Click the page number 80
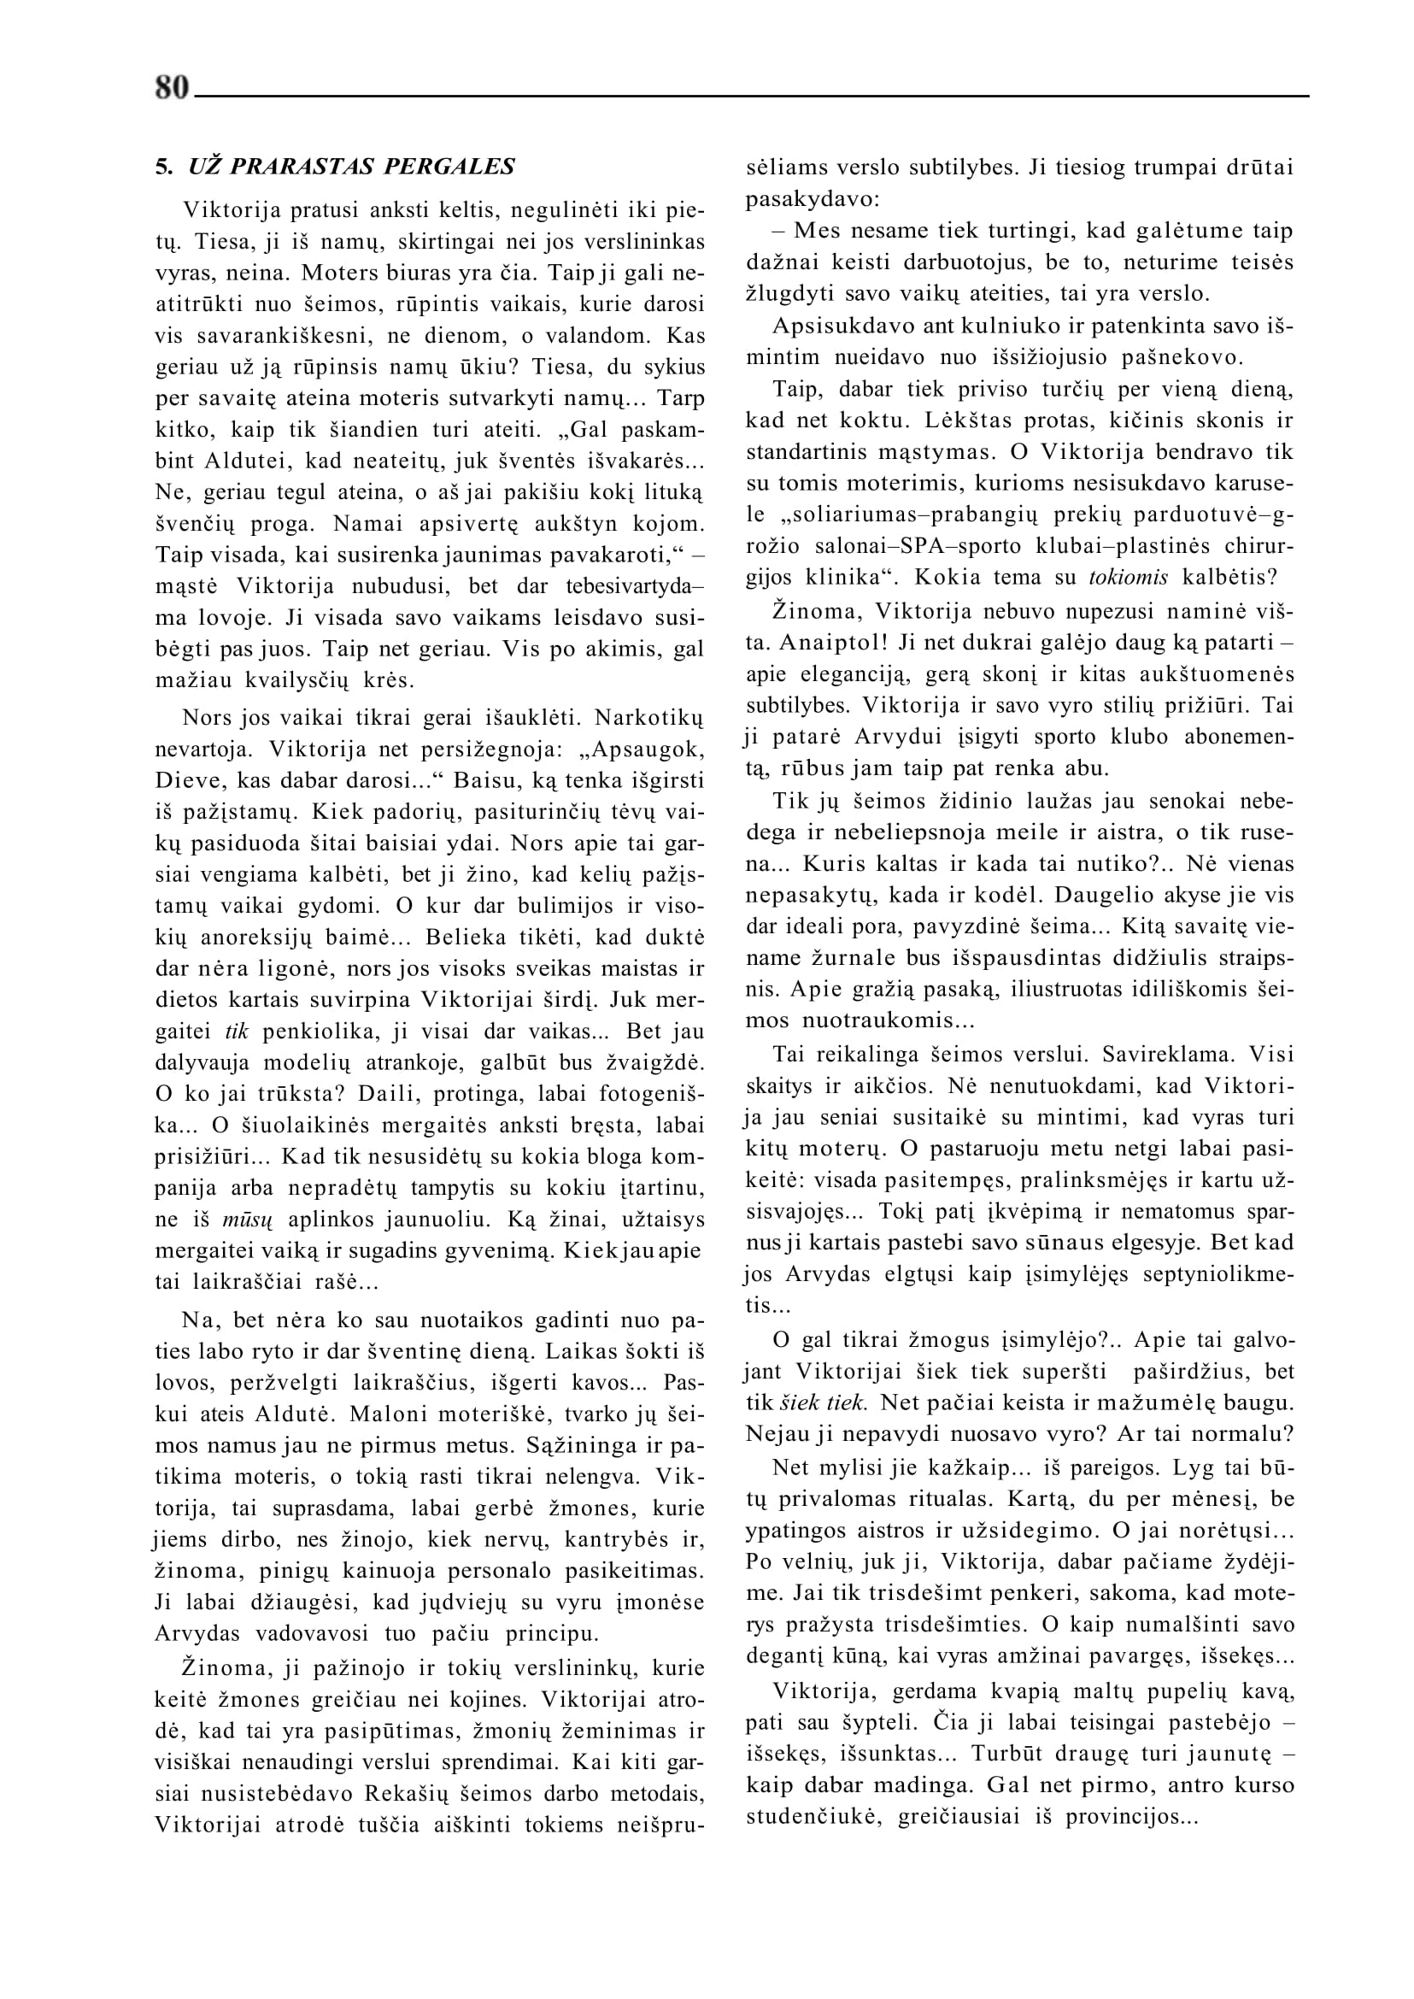click(172, 88)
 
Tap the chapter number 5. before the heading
click(164, 167)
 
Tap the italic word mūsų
click(247, 1220)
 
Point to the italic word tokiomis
click(1129, 577)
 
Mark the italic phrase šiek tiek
click(822, 1402)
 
